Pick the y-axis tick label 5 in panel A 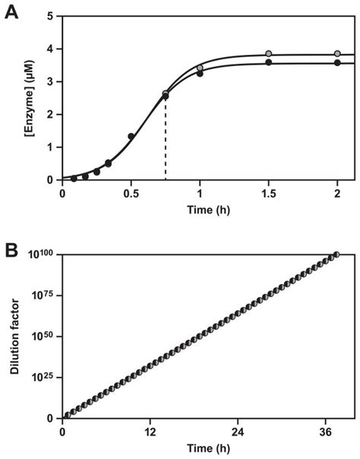(x=49, y=16)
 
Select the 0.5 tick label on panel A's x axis (x=131, y=193)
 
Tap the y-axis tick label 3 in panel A (x=49, y=81)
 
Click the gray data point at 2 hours (x=337, y=53)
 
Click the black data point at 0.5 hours (x=131, y=137)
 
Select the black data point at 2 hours (x=337, y=62)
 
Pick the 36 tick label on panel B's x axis (x=324, y=431)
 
